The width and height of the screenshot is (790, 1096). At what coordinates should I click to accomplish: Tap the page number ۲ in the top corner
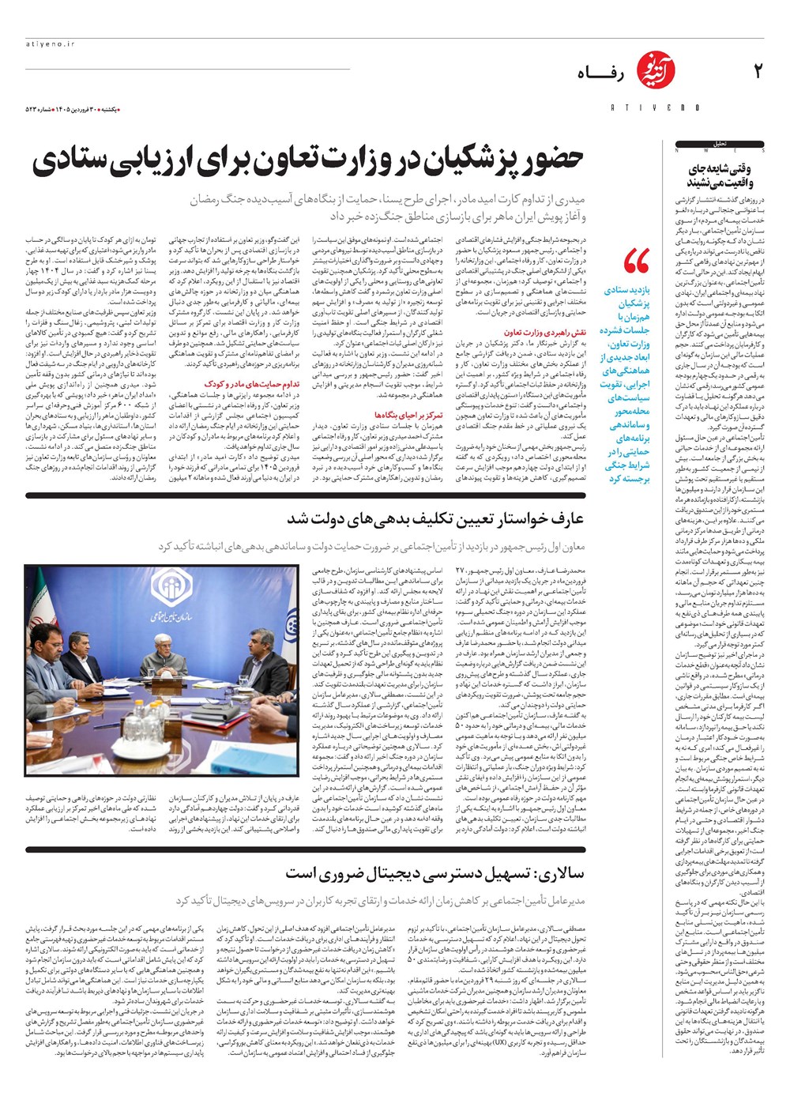point(757,72)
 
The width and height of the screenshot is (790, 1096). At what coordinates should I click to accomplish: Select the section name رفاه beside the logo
point(600,73)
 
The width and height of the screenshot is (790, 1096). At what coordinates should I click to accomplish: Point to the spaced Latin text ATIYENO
point(655,107)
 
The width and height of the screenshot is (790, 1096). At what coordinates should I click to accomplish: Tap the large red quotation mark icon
point(636,261)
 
